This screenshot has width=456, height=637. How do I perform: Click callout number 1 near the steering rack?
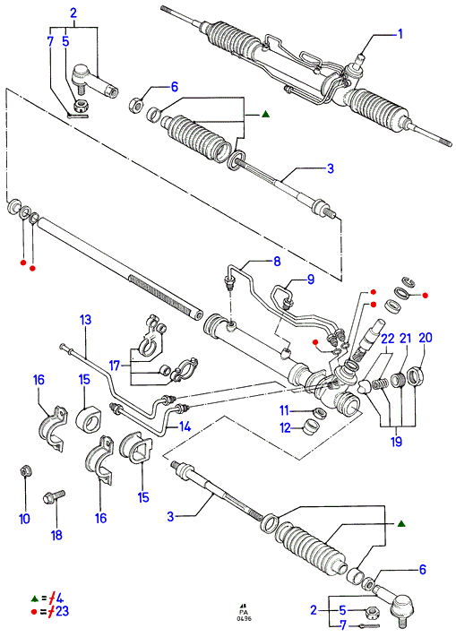pos(400,34)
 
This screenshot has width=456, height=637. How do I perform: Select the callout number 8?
pos(277,262)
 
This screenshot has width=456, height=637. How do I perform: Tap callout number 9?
pos(311,280)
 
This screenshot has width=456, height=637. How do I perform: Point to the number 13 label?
pos(85,320)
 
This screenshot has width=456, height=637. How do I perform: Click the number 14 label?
pos(185,426)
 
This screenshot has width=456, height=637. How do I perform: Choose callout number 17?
pos(115,366)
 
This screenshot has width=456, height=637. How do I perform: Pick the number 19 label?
pos(396,441)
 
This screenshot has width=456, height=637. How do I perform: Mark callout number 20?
pos(426,337)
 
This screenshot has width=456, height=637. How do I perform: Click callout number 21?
pos(406,338)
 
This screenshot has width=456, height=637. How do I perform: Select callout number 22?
pos(388,338)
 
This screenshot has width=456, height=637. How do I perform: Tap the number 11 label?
pos(284,410)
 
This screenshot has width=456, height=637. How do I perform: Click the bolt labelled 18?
pos(54,496)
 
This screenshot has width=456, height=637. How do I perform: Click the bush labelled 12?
pos(311,427)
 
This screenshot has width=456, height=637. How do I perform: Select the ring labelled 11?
pos(320,413)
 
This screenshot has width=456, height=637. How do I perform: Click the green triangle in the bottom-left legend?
pos(35,598)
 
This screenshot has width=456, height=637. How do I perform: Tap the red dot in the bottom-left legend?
pos(35,611)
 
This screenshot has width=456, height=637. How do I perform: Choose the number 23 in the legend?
pos(62,611)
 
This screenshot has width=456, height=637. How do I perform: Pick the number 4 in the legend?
pos(60,598)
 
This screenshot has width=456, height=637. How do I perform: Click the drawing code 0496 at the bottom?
pos(244,618)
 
